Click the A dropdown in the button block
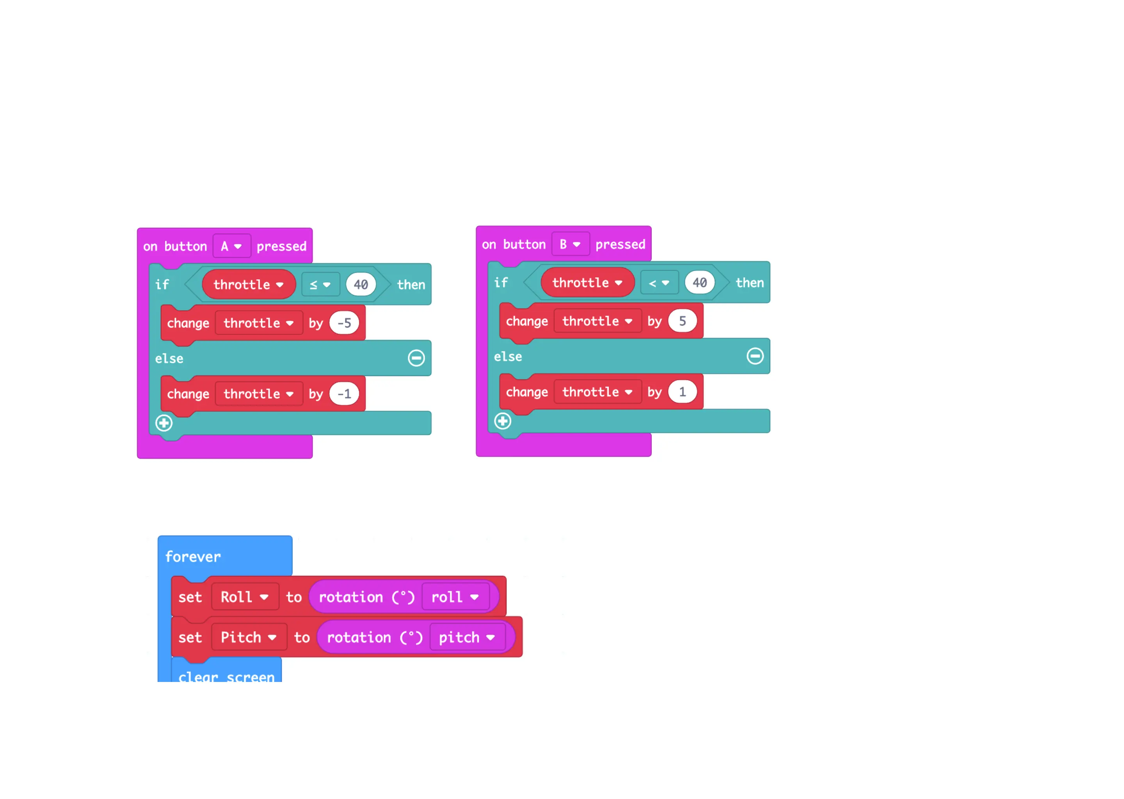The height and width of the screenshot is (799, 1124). (x=231, y=246)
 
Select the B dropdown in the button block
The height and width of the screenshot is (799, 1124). (x=570, y=244)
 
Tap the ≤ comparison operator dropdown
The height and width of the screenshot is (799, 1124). (x=320, y=284)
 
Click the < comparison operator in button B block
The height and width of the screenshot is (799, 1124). (x=658, y=283)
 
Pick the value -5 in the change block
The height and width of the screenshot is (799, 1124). (x=344, y=323)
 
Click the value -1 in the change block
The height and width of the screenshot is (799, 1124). (x=344, y=394)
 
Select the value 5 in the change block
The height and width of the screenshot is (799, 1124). (x=682, y=321)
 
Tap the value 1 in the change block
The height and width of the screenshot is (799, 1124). (x=682, y=392)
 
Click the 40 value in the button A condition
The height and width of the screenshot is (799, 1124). (x=361, y=284)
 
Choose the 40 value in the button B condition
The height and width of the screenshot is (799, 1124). (x=699, y=282)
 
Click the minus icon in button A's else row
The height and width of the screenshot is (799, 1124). (x=416, y=358)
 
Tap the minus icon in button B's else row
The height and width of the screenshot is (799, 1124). (x=755, y=356)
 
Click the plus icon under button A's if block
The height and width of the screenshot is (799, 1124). (x=164, y=423)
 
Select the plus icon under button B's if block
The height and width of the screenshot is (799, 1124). (x=502, y=421)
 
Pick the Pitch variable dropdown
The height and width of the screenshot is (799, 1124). (x=249, y=637)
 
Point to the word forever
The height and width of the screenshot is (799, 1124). (x=193, y=556)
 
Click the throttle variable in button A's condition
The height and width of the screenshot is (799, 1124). (x=249, y=284)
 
